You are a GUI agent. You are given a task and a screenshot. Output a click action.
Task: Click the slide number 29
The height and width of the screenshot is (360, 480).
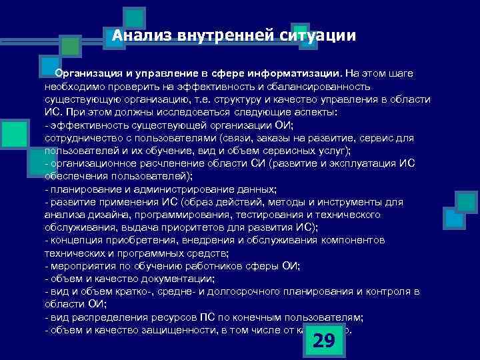coord(323,341)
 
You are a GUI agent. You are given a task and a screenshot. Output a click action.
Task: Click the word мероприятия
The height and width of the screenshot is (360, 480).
coord(79,265)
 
